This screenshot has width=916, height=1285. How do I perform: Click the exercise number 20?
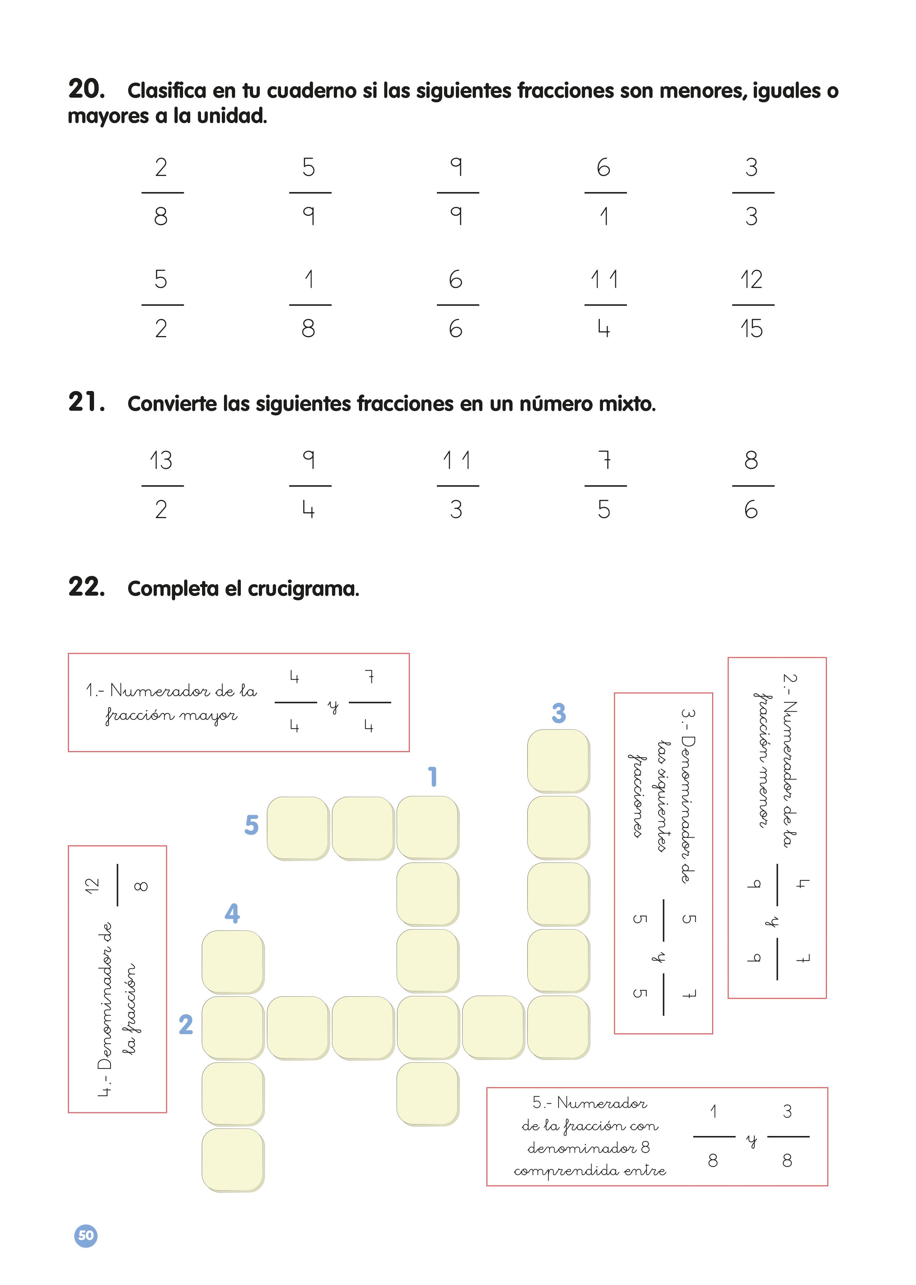86,89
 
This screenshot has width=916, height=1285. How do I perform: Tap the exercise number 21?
86,402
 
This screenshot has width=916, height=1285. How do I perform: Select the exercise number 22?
86,587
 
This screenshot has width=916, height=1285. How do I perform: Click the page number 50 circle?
86,1236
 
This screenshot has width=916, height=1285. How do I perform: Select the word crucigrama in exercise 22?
303,589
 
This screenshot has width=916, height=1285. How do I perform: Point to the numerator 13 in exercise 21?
161,460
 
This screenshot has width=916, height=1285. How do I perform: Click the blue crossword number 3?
559,713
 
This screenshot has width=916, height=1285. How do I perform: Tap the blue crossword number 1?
433,777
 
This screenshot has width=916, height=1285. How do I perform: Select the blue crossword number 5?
252,825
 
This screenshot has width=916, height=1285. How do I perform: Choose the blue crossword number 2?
186,1024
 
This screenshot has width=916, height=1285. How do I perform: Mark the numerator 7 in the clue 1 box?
369,676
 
